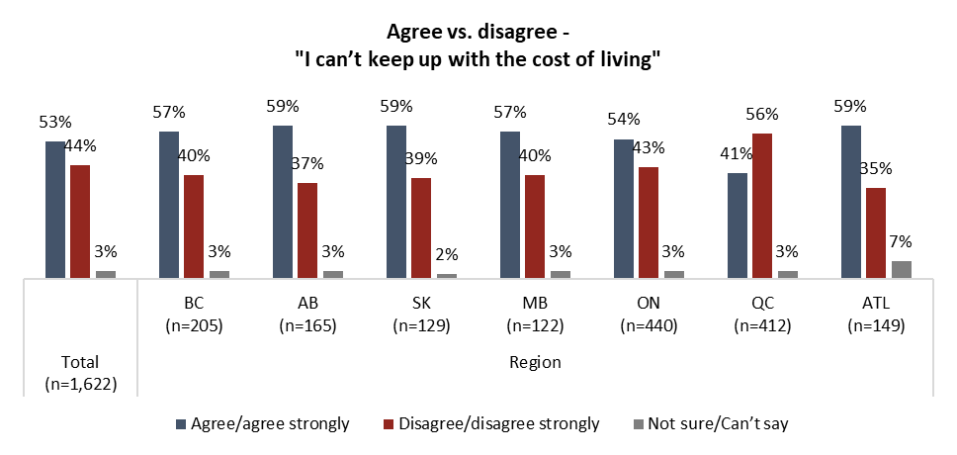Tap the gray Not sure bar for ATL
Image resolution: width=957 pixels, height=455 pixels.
[901, 270]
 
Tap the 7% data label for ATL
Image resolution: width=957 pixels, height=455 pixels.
[900, 241]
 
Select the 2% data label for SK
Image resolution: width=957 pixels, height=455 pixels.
[446, 252]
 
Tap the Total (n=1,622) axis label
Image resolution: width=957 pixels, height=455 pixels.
[80, 373]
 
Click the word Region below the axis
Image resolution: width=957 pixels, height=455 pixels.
[536, 362]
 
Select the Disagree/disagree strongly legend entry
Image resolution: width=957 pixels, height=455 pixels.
[491, 424]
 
